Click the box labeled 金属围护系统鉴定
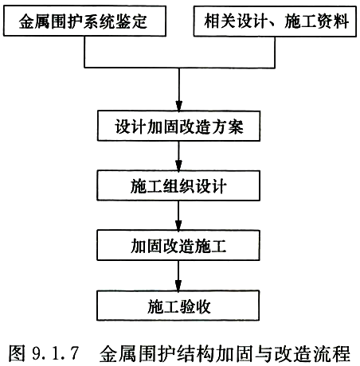pyautogui.click(x=84, y=21)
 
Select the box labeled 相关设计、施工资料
pyautogui.click(x=275, y=21)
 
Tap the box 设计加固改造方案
pyautogui.click(x=178, y=126)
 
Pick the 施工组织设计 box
pyautogui.click(x=178, y=185)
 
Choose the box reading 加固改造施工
pyautogui.click(x=178, y=245)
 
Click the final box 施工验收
pyautogui.click(x=178, y=306)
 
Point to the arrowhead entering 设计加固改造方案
pyautogui.click(x=179, y=106)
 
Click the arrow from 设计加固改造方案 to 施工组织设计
pyautogui.click(x=179, y=156)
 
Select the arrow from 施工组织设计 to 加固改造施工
pyautogui.click(x=178, y=216)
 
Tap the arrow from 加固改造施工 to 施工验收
pyautogui.click(x=178, y=275)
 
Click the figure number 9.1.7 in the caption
pyautogui.click(x=56, y=353)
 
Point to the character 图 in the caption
pyautogui.click(x=17, y=353)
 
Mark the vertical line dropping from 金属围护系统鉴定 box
pyautogui.click(x=84, y=52)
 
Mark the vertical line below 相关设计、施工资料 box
pyautogui.click(x=275, y=52)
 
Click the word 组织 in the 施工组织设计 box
pyautogui.click(x=178, y=186)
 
